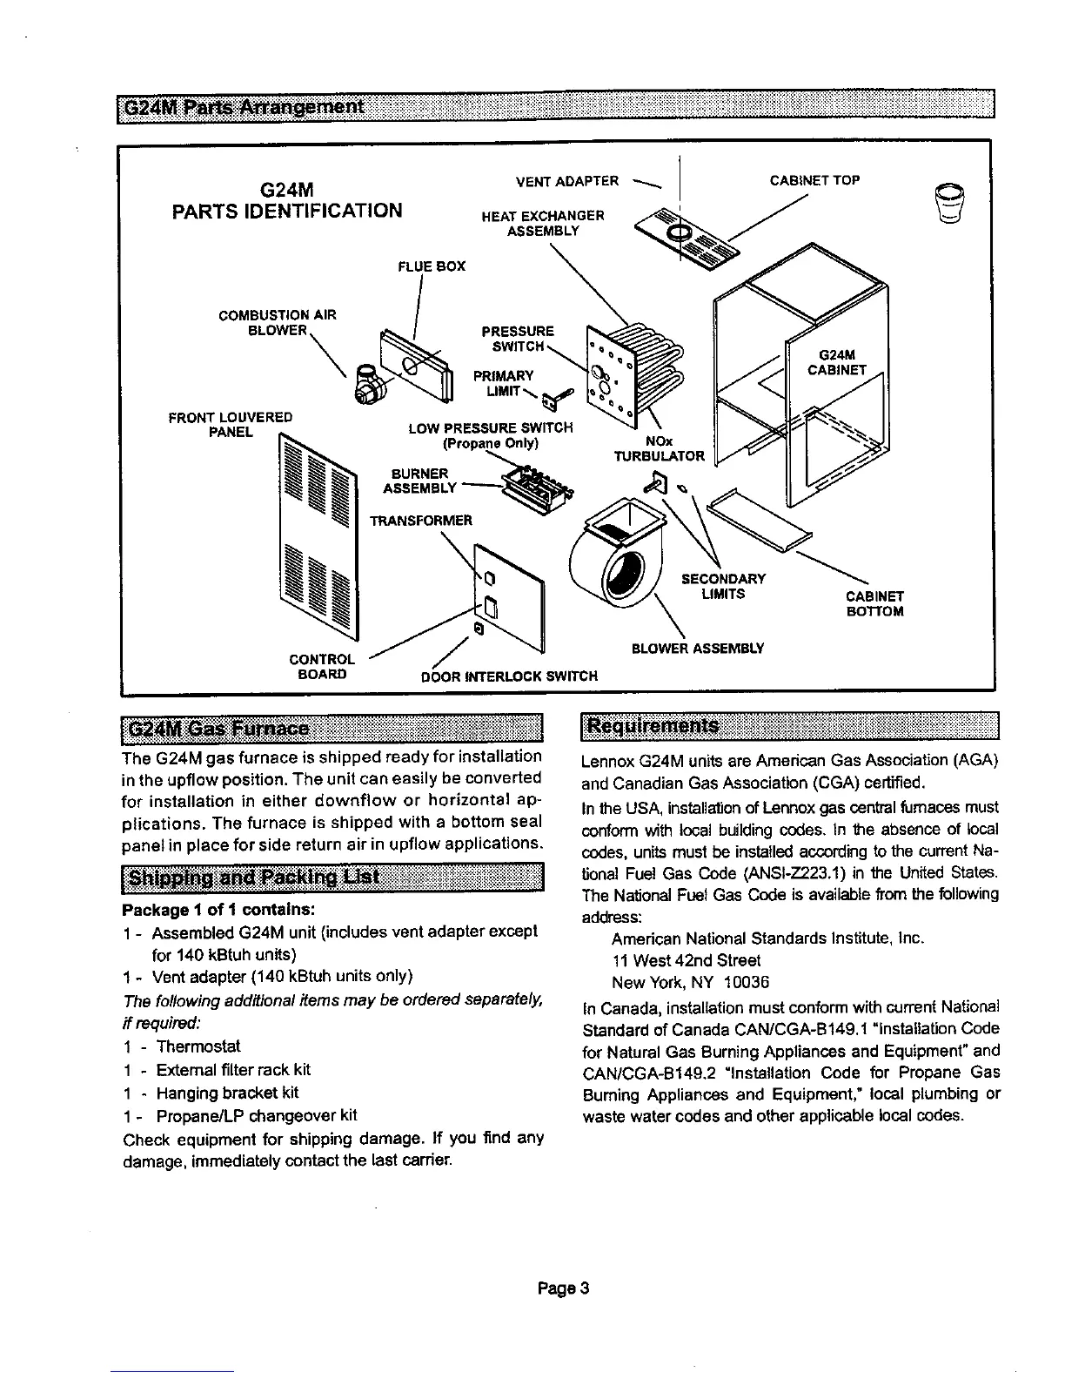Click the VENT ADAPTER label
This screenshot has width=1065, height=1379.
click(x=566, y=181)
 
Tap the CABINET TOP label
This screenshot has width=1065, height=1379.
click(x=814, y=181)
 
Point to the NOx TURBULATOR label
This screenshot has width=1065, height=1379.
click(x=659, y=448)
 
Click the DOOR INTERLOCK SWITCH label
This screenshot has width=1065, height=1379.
click(x=509, y=676)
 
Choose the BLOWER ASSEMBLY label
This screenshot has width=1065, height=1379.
click(x=697, y=648)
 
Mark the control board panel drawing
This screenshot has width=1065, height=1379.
click(x=508, y=596)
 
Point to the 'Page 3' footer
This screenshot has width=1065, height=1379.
click(x=564, y=1288)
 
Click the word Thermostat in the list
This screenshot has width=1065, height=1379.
click(x=198, y=1046)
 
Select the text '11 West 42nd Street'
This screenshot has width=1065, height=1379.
click(x=686, y=960)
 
